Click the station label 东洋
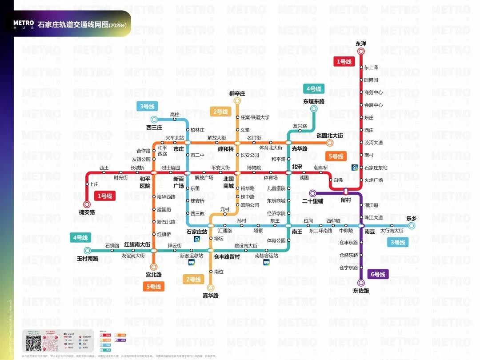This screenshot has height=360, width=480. (x=361, y=44)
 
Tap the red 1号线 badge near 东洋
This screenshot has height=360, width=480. (x=344, y=62)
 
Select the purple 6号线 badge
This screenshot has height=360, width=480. (x=378, y=274)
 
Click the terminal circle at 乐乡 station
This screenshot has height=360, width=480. (x=412, y=226)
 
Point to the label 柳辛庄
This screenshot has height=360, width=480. (x=237, y=93)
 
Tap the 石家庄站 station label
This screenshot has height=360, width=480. (x=197, y=232)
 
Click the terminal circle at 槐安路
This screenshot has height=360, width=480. (x=87, y=204)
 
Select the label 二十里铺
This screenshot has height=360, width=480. (x=312, y=201)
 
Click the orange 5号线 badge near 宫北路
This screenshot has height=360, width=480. (x=153, y=287)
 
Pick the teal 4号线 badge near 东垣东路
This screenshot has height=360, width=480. (x=314, y=89)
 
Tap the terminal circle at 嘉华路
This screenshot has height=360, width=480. (x=211, y=288)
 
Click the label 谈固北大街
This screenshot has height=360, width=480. (x=329, y=135)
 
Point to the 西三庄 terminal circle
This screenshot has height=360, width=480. (x=154, y=119)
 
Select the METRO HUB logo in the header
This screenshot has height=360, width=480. (x=24, y=25)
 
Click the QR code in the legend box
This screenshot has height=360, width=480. (x=33, y=344)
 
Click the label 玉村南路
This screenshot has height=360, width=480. (x=87, y=258)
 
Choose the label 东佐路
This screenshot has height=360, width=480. (x=361, y=291)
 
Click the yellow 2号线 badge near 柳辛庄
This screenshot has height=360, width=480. (x=220, y=112)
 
